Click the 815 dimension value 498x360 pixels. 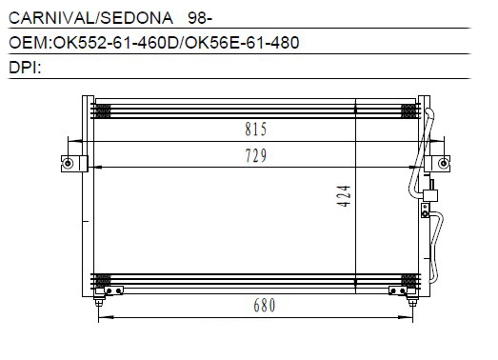click(x=256, y=130)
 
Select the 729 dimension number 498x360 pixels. click(x=256, y=155)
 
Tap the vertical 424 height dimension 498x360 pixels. click(x=344, y=196)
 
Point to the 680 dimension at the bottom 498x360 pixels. click(x=265, y=306)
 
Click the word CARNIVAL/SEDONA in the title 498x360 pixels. click(x=90, y=18)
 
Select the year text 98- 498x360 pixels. click(x=200, y=18)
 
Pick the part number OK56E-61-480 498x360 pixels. click(x=242, y=43)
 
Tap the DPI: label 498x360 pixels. click(x=25, y=68)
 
